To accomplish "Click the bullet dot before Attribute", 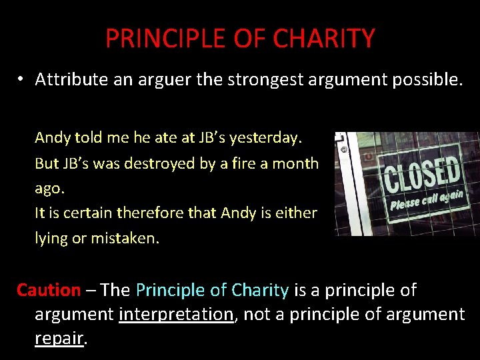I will click(21, 79).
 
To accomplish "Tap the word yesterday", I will click(266, 138).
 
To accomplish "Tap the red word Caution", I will click(48, 290).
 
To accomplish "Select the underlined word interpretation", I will click(177, 314).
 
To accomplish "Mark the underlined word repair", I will click(59, 338).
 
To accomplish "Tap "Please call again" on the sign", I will click(427, 197).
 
